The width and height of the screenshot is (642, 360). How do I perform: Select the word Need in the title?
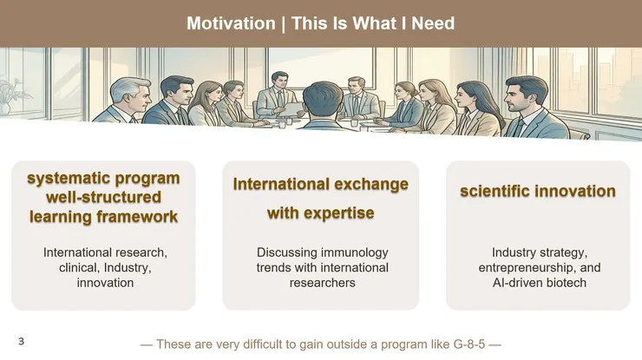tap(432, 23)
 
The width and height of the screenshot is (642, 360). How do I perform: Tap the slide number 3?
tap(21, 342)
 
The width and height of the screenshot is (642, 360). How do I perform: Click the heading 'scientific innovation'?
tap(537, 191)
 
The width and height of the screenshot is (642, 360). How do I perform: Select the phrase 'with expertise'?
tap(320, 213)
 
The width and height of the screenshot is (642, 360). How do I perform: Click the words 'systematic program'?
tap(103, 179)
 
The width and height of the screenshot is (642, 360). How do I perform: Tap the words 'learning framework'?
tap(103, 217)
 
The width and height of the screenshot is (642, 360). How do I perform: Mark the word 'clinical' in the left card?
tap(77, 268)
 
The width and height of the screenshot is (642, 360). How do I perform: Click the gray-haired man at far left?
tap(123, 103)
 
